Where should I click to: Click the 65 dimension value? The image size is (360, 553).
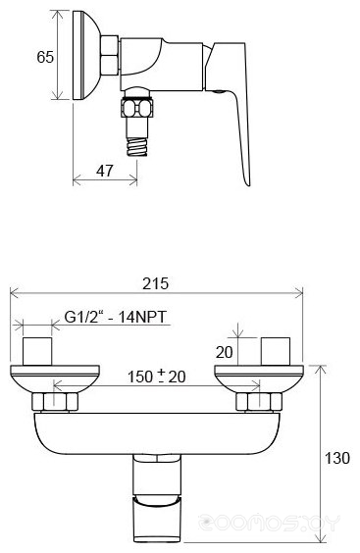tap(45, 57)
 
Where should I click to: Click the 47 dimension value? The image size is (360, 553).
tap(105, 171)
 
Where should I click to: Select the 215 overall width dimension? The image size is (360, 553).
tap(155, 283)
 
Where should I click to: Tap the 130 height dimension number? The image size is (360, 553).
tap(337, 458)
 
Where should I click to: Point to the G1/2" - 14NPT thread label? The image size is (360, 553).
tap(115, 317)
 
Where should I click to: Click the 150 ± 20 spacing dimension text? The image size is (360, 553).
tap(156, 377)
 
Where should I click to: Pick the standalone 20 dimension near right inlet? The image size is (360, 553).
tap(225, 352)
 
